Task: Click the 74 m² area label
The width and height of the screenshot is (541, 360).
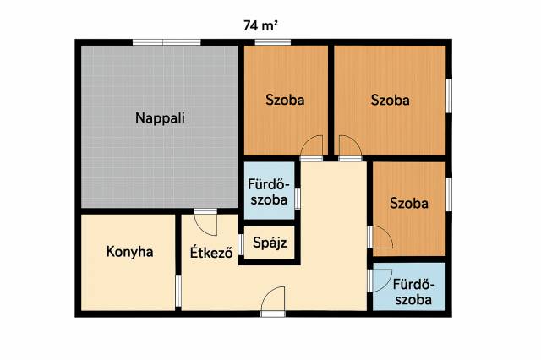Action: point(260,25)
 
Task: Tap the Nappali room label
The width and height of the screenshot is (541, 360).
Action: point(160,118)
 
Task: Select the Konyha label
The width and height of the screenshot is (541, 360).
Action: point(129,252)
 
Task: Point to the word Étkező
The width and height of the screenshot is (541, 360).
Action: point(211,252)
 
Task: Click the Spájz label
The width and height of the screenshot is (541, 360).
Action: point(270,243)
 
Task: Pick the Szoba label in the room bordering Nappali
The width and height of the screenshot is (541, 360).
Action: point(285,100)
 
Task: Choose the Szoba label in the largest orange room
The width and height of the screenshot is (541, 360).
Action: point(391,100)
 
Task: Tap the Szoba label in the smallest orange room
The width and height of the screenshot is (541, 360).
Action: point(409,203)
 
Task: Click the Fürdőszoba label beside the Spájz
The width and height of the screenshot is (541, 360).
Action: point(269,192)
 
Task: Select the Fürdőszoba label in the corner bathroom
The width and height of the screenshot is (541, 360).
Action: point(413,292)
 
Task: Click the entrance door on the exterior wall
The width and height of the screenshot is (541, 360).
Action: point(272,302)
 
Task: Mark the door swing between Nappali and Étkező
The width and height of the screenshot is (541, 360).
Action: point(206,222)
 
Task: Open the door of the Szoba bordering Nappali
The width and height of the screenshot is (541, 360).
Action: point(312,148)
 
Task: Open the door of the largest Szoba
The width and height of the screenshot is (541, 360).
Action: point(350,148)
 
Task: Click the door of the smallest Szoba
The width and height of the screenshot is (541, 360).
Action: point(380,237)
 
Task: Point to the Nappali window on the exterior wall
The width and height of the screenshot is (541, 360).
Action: point(167,42)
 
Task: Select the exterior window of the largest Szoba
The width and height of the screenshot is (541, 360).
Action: point(449,95)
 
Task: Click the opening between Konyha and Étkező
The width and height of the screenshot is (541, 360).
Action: point(178,292)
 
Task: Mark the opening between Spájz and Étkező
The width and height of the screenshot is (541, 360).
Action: point(241,245)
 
